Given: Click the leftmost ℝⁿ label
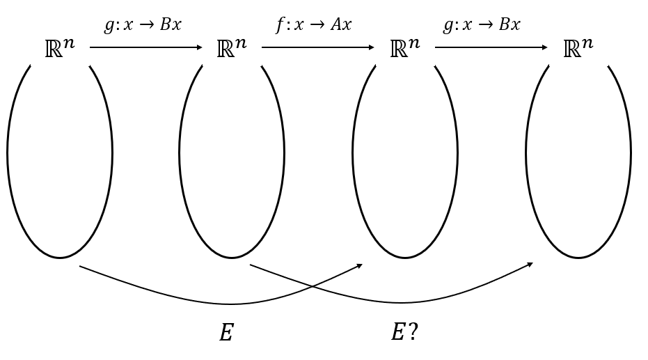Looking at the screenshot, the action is coord(59,49).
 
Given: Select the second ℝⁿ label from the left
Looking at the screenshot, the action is coord(232,49).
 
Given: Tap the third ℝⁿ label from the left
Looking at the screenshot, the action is coord(405,49).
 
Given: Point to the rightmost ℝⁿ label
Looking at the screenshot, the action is coord(578,49).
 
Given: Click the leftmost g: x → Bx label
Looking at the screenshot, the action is coord(143,25).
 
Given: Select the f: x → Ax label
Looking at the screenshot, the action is coord(313,25).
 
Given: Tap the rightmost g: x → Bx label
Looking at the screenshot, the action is coord(482,25).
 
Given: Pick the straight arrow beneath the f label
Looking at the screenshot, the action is coord(317,48).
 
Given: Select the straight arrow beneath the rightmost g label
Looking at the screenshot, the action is coord(491,48).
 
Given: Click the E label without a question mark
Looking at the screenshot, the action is coord(226,333).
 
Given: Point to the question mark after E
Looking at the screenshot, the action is coord(413,332).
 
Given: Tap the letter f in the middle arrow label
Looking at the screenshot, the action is coord(279,25).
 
